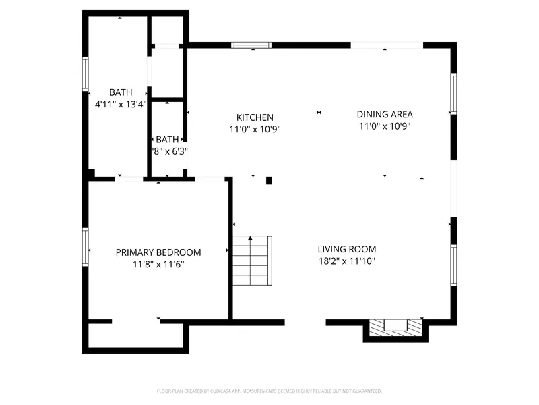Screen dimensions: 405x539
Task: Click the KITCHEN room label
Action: point(255,117)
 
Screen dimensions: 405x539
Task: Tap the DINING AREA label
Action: point(385,115)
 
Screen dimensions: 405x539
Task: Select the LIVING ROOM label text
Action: point(347,249)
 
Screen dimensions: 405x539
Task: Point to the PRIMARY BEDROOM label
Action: point(158,252)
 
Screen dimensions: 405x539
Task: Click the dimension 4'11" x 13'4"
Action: point(121,104)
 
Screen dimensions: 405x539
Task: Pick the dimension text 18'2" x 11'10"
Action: point(347,261)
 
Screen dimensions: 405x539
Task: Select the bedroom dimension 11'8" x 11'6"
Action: point(158,264)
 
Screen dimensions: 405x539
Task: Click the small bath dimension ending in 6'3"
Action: point(169,151)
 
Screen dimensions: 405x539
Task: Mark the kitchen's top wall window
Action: point(251,45)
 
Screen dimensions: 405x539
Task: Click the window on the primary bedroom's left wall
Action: point(86,248)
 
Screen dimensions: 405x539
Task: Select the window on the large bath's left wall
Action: point(86,74)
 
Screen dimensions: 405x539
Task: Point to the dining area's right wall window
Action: point(453,93)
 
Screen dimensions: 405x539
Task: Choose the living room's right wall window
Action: point(453,265)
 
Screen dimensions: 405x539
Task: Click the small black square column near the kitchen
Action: point(269,180)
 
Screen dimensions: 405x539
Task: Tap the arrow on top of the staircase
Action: point(251,238)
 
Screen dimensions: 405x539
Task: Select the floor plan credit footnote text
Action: point(269,391)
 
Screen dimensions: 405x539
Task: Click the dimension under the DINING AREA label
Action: point(385,126)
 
